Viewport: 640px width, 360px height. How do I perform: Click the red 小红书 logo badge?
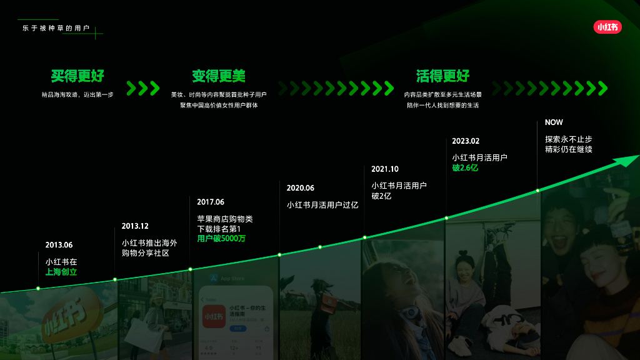pos(607,27)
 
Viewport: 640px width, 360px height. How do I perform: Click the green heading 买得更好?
pos(77,76)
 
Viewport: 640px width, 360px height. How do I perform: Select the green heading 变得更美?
pos(219,76)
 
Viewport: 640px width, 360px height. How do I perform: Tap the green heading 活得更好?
pos(442,76)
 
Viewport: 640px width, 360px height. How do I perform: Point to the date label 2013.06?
pos(59,245)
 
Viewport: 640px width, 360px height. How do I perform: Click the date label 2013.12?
pos(135,226)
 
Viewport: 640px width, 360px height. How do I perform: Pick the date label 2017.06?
pos(210,202)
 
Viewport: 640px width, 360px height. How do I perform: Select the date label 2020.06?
pos(300,188)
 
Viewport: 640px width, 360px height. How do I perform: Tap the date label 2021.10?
pos(384,169)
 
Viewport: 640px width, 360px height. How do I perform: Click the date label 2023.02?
pos(466,141)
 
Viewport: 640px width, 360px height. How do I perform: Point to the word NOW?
pos(554,122)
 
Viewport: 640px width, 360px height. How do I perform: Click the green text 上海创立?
pos(61,272)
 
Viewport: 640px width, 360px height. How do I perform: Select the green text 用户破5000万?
pos(221,239)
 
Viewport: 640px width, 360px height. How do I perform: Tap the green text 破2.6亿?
pos(465,168)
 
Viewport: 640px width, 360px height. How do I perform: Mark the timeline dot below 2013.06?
pos(38,288)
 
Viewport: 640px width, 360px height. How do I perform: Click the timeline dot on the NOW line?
pos(537,190)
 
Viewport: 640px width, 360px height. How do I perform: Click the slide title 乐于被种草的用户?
pos(56,29)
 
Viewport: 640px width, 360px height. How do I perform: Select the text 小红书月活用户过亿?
pos(322,205)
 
